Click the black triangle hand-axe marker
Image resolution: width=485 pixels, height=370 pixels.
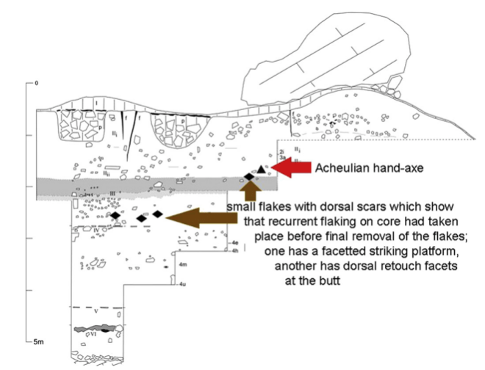pos(260,170)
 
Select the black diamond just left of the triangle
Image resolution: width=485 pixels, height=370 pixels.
pos(249,178)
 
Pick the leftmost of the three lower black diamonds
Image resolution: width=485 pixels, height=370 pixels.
pos(115,215)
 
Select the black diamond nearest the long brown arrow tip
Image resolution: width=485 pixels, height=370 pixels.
pos(157,214)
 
